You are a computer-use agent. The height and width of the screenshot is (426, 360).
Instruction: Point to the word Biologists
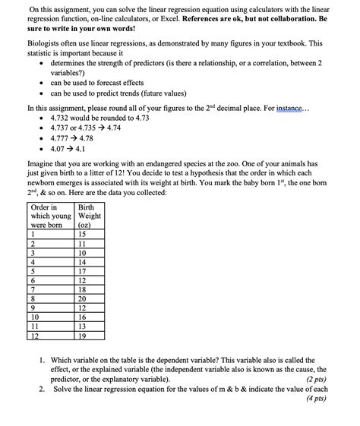click(x=45, y=45)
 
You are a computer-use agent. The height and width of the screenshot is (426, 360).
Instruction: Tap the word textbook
click(x=307, y=45)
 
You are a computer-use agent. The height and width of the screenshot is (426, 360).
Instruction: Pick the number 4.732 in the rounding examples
click(x=63, y=119)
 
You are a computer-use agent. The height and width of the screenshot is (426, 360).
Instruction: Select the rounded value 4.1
click(x=89, y=150)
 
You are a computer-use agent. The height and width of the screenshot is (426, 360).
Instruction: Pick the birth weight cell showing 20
click(x=83, y=298)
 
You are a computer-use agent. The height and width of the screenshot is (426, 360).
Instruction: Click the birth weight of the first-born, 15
click(x=83, y=235)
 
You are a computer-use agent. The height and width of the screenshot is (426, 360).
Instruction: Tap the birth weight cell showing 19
click(x=83, y=335)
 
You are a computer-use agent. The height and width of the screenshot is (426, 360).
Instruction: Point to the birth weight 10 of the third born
click(x=83, y=253)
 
